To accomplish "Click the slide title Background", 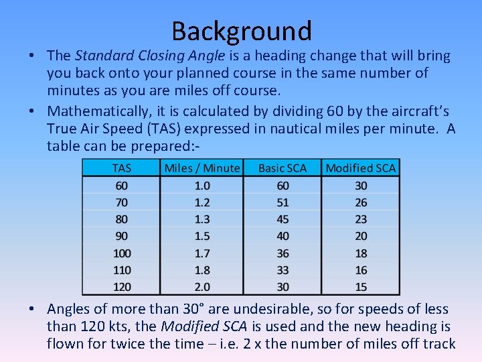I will (x=241, y=31).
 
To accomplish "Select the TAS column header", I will (x=121, y=168).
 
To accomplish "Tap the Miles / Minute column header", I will (x=202, y=168).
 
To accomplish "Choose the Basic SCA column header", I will (x=282, y=168).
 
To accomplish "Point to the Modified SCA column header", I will (x=360, y=168).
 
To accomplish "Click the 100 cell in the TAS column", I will (x=121, y=253).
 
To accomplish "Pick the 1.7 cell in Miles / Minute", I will (x=202, y=253).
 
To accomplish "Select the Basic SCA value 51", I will (x=282, y=202).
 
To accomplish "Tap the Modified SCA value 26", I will (x=361, y=202).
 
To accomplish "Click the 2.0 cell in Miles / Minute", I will (x=202, y=287).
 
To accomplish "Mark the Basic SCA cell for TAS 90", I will (x=282, y=236).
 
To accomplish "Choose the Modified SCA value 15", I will (x=361, y=287).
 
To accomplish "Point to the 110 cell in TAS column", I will (x=121, y=270).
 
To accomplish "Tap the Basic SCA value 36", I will (x=282, y=253).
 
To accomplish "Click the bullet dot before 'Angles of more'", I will (x=31, y=310).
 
